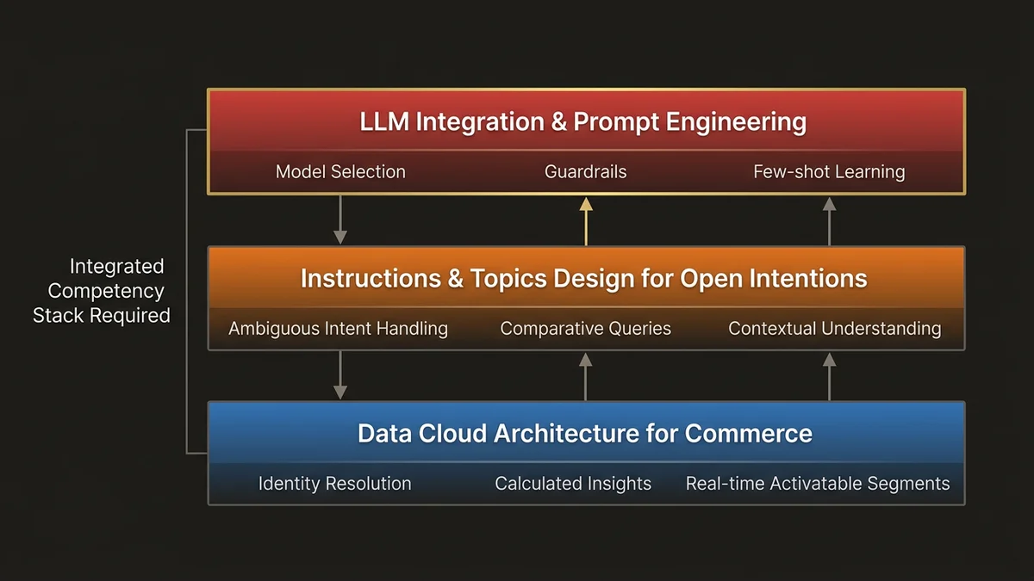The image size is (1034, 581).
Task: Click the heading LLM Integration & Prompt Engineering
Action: [583, 122]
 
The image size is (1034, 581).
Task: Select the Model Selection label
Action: [340, 171]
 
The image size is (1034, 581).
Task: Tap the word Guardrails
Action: [586, 171]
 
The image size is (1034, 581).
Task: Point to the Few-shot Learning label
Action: [829, 171]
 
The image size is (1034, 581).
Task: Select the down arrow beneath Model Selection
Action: [340, 220]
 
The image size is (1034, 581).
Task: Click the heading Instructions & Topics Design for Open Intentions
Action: [583, 279]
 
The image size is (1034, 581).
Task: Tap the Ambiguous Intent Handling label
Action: [338, 328]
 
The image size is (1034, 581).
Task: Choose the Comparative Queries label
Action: [586, 328]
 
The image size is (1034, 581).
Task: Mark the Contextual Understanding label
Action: [834, 328]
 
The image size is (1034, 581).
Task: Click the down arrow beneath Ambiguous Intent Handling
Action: [340, 376]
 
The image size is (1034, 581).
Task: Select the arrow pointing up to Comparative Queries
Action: [586, 376]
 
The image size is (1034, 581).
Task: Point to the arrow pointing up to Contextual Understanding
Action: [829, 376]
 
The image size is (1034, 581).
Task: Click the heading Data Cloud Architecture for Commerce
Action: [585, 433]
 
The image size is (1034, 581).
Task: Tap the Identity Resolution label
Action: [334, 484]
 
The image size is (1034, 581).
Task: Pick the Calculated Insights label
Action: [573, 484]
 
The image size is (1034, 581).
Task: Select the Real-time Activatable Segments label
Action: [818, 484]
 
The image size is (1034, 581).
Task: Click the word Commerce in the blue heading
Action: [749, 433]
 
